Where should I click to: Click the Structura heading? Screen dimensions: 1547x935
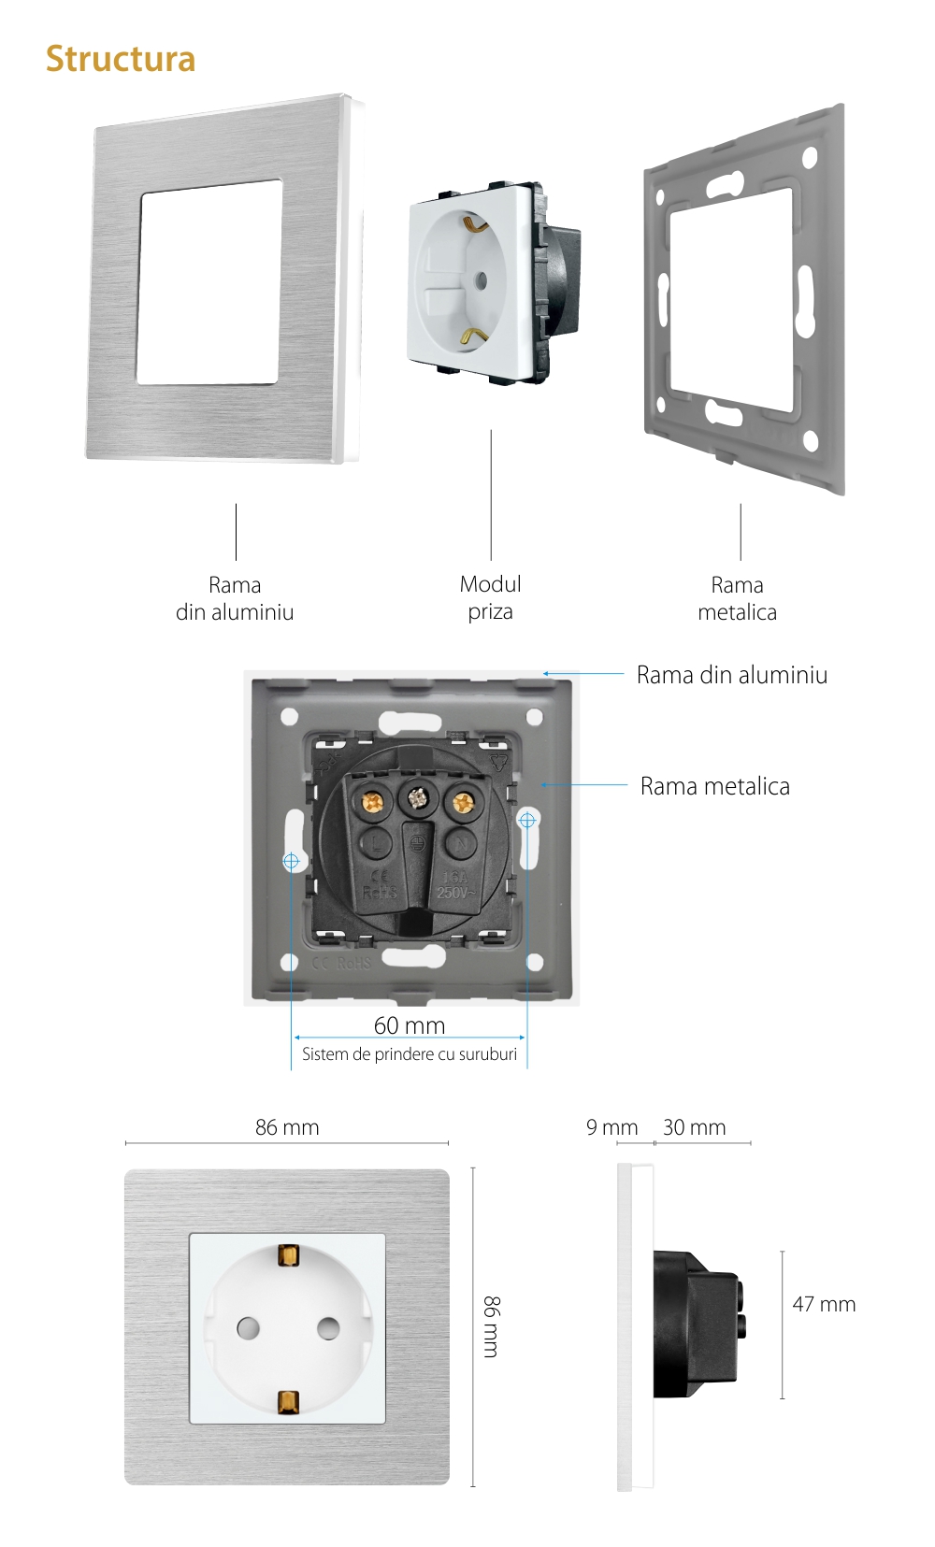(x=121, y=59)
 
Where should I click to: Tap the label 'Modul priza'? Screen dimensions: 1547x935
(x=490, y=598)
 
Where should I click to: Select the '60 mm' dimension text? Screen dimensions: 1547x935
(x=410, y=1025)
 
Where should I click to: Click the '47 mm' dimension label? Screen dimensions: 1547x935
(x=824, y=1304)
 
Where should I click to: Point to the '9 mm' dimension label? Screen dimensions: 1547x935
(x=611, y=1127)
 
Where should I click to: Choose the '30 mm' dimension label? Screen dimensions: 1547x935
(x=694, y=1127)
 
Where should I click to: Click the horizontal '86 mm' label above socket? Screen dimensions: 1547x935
(x=287, y=1127)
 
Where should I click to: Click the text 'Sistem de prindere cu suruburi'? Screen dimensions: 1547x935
(x=410, y=1054)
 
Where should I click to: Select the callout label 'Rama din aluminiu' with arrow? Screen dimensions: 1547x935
(x=732, y=675)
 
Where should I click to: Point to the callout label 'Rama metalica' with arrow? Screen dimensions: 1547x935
(x=715, y=786)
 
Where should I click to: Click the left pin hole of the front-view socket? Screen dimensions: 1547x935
(x=248, y=1327)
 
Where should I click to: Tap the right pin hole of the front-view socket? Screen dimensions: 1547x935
(x=328, y=1327)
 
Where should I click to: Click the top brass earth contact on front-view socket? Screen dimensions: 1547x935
(x=288, y=1255)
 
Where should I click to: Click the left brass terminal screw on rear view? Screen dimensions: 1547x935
(x=374, y=802)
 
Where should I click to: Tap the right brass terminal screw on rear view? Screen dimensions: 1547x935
(x=461, y=802)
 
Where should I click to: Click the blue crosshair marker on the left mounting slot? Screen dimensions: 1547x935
(x=291, y=861)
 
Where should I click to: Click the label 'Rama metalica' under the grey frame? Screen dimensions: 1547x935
(x=737, y=598)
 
